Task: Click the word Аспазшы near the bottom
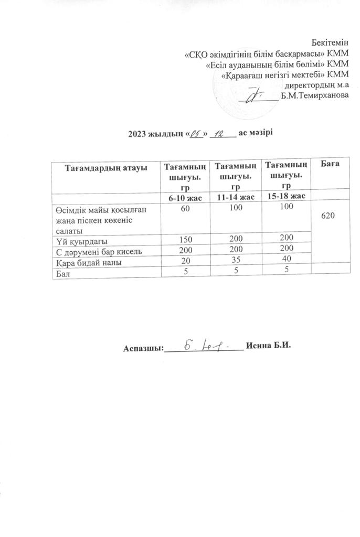pyautogui.click(x=143, y=348)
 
